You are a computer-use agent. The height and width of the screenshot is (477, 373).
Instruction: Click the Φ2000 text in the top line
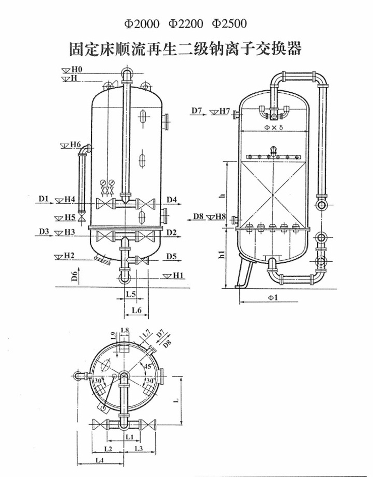coord(141,24)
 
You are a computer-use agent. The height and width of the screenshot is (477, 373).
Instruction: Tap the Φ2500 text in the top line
coord(229,24)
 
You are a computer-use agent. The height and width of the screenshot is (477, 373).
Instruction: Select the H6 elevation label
coord(76,144)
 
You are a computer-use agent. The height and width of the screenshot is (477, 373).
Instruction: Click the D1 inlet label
coord(44,199)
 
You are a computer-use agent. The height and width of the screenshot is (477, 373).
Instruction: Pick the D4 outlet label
coord(172,199)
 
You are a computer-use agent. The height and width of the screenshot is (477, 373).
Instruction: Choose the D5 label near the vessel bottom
coord(172,257)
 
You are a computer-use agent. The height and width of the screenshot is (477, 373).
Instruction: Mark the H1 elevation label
coord(178,275)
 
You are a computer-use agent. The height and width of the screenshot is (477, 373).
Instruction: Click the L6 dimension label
coord(137,310)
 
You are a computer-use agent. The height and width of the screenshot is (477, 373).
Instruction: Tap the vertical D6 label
coord(75,276)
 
